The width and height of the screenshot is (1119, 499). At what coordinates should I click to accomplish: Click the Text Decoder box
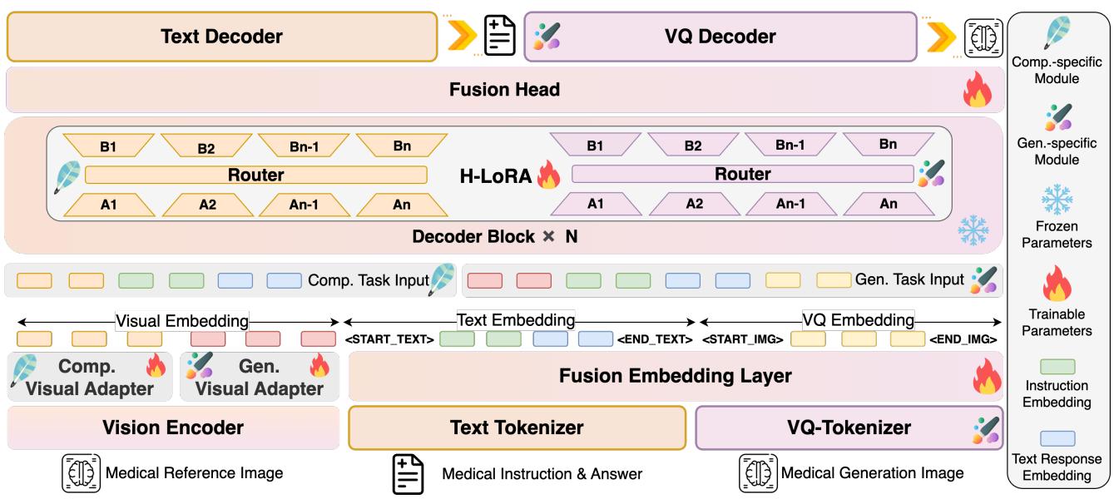point(221,37)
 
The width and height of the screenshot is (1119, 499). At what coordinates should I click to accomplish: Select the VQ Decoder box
point(721,37)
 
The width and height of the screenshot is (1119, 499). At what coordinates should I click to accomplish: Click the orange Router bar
point(255,175)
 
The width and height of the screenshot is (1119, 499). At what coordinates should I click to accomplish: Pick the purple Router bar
point(742,174)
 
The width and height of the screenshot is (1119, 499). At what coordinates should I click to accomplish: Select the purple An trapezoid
point(887,203)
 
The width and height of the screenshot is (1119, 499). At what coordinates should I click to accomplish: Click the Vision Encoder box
point(172,427)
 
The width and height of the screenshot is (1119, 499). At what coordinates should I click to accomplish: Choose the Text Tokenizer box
point(517,427)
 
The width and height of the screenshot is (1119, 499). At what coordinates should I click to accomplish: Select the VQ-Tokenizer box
point(849,427)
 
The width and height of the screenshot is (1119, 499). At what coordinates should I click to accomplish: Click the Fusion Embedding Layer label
point(675,376)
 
